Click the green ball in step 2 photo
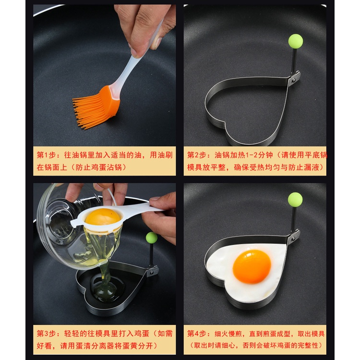[296, 41]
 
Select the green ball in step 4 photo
[295, 200]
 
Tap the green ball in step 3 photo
[152, 238]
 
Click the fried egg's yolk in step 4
[252, 266]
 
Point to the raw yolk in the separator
[103, 216]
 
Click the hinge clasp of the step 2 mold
[294, 79]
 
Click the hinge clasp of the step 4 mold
[294, 237]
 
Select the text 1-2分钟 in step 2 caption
[259, 155]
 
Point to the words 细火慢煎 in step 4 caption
[228, 334]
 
